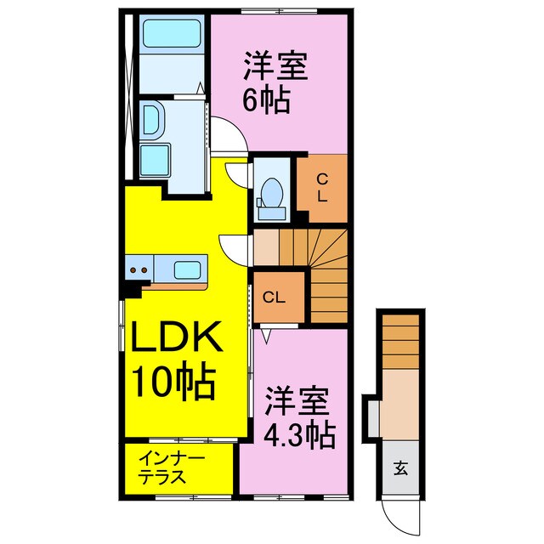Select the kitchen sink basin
tap(188, 270)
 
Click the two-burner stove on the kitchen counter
tap(139, 270)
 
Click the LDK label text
tap(177, 339)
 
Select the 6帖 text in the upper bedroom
tap(267, 101)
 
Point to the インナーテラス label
tap(172, 467)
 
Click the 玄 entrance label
tap(399, 466)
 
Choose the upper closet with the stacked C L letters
tap(321, 188)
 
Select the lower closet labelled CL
tap(274, 297)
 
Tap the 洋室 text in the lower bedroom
tap(296, 399)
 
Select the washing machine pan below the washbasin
tap(155, 158)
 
